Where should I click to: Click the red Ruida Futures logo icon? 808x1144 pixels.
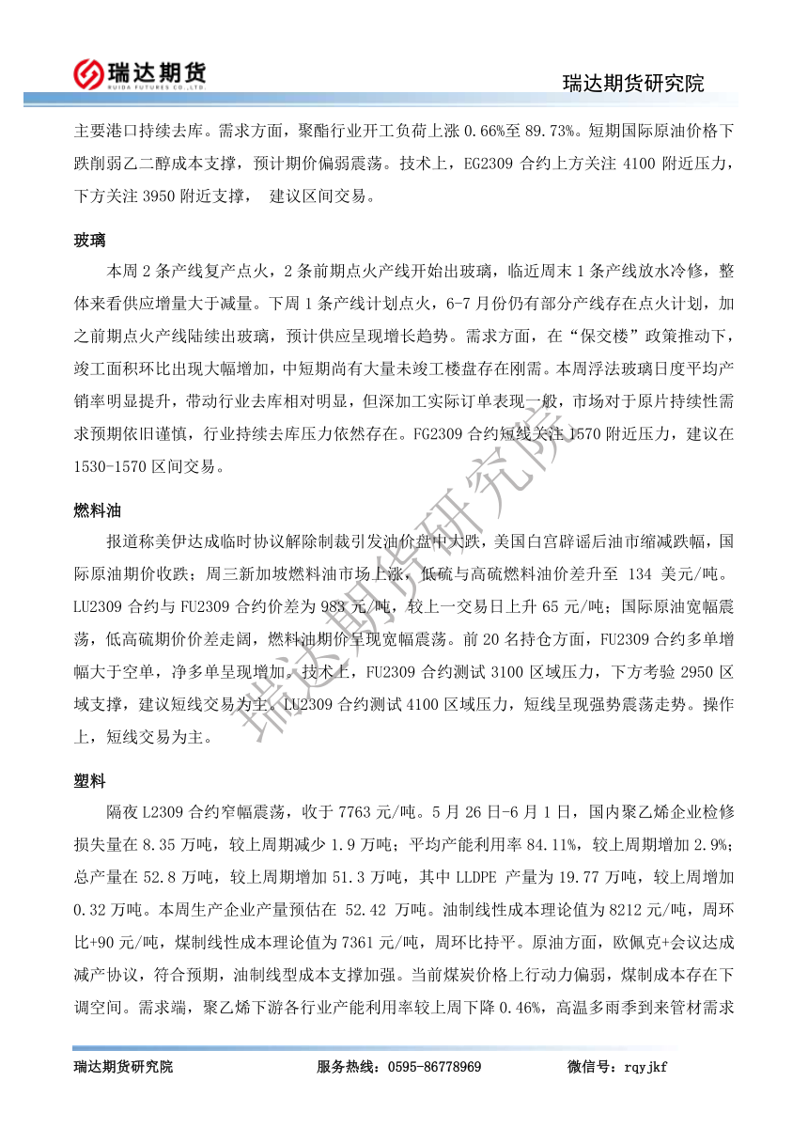88,71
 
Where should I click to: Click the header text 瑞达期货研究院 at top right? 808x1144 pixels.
633,84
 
